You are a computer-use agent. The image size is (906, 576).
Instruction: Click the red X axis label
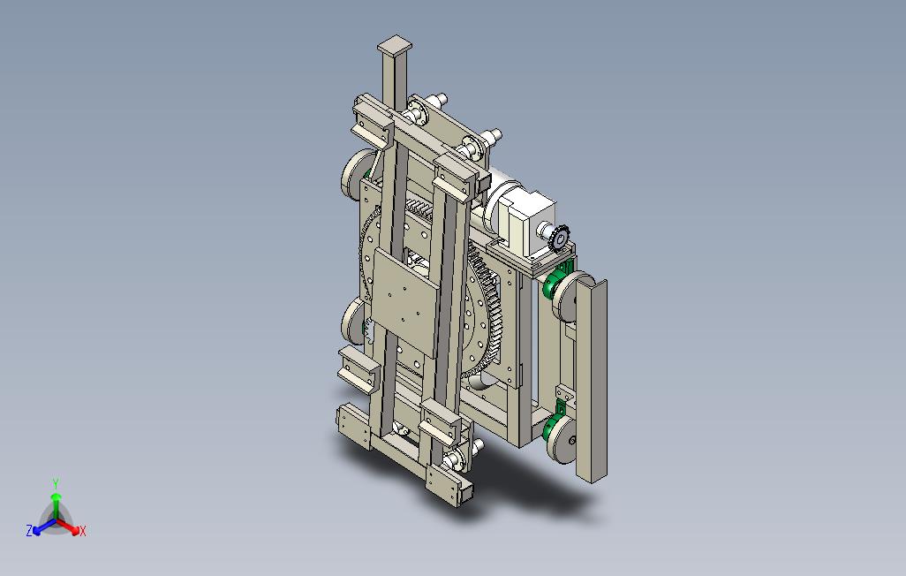click(83, 531)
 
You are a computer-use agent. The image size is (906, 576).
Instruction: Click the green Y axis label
click(56, 483)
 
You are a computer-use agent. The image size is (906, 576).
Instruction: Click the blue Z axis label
click(29, 530)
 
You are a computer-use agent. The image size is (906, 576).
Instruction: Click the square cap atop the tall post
click(395, 45)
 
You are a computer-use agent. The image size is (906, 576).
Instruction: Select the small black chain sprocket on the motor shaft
click(560, 237)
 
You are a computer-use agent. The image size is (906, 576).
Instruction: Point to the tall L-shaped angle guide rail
click(591, 380)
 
